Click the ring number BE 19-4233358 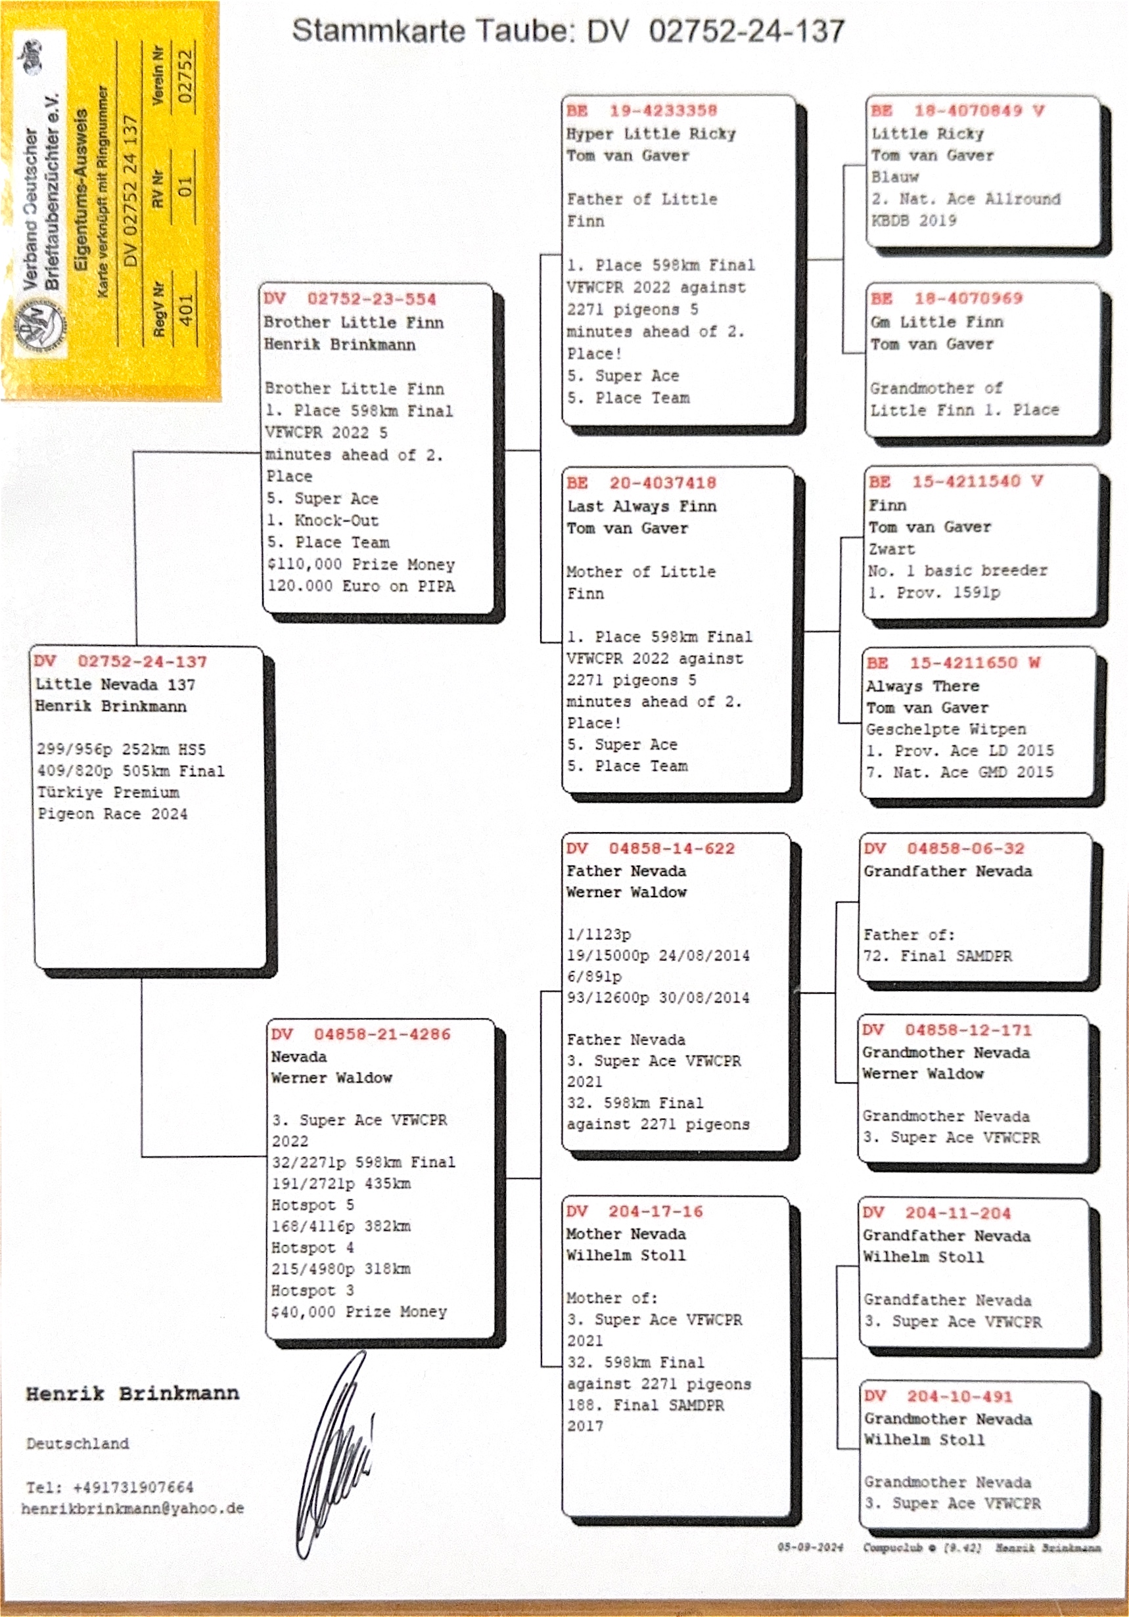point(641,110)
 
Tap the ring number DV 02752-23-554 point(350,299)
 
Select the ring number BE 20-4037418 point(641,483)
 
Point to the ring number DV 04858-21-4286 point(361,1034)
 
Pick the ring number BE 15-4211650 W point(953,663)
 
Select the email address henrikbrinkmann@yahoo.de point(133,1509)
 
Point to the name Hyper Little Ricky point(651,134)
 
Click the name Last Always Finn point(641,506)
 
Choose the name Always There point(922,686)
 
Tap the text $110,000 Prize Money point(361,565)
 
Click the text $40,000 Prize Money point(359,1312)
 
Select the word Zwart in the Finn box point(892,549)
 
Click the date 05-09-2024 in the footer point(810,1547)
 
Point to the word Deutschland point(78,1444)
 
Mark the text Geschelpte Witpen point(946,730)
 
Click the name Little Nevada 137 point(115,684)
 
